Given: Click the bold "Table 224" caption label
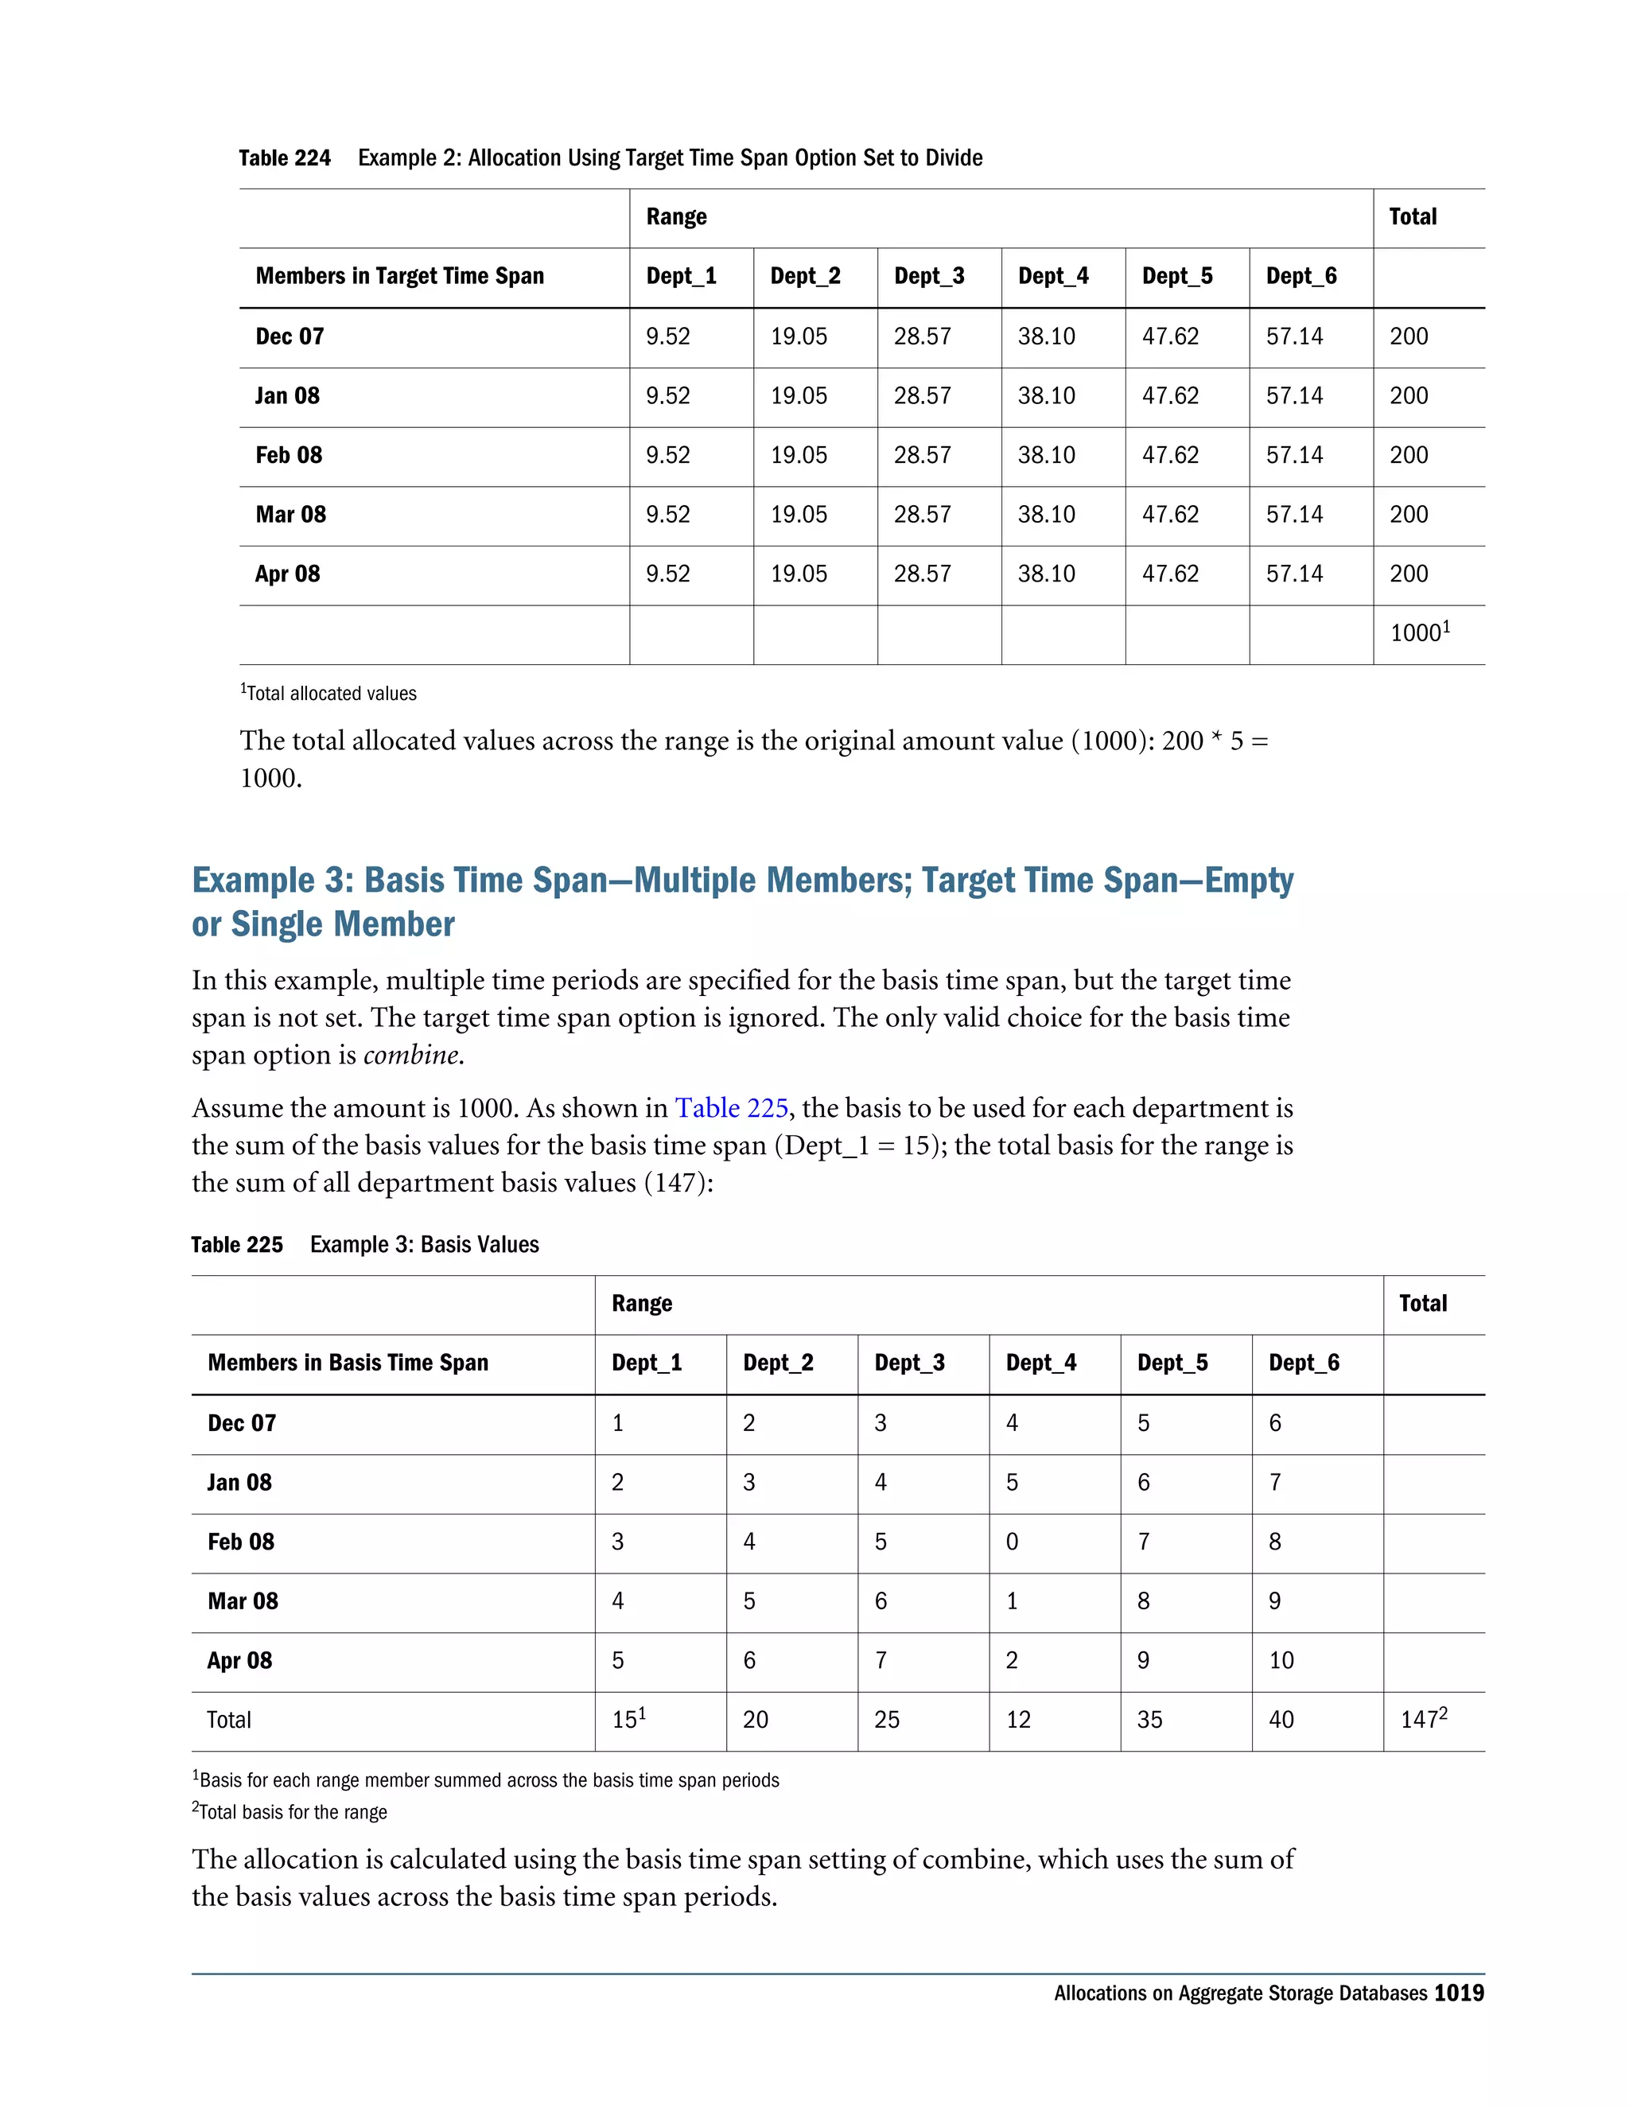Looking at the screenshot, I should [284, 158].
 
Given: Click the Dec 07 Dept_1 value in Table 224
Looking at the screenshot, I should [668, 336].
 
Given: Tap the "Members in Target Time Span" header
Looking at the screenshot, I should [399, 277].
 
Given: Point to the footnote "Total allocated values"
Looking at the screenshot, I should [331, 694].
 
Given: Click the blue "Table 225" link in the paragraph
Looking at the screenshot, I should [730, 1108].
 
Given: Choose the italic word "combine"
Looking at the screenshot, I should [412, 1055].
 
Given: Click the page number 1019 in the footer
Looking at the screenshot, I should [1458, 1994].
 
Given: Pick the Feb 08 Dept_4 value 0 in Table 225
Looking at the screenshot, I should [1012, 1542].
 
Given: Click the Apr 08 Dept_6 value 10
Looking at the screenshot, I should [1281, 1661].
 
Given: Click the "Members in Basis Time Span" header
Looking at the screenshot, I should [348, 1363].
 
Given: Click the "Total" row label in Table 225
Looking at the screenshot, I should [229, 1720].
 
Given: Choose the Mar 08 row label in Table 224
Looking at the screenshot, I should [290, 515].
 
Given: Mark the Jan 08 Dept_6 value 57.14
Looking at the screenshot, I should [1294, 395].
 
